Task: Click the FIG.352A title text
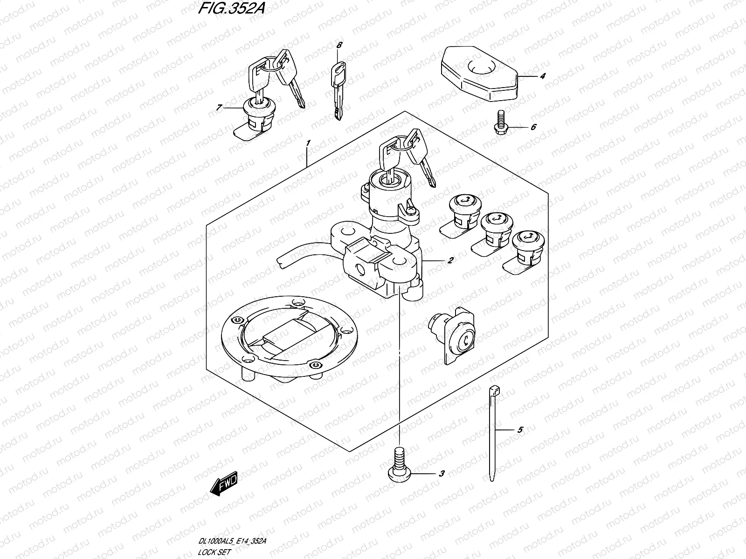coord(231,8)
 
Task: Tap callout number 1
coord(308,143)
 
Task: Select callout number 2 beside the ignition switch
coord(450,260)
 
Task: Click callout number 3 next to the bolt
coord(442,473)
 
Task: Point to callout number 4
coord(543,76)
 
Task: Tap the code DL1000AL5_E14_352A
coord(232,541)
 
